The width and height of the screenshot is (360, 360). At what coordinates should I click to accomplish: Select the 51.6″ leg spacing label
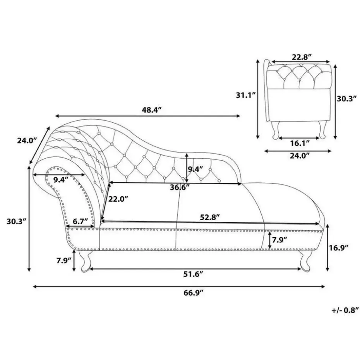coord(193,274)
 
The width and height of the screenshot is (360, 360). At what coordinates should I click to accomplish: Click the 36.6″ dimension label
coord(180,187)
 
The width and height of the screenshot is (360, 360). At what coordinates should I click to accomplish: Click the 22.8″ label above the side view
coord(302,57)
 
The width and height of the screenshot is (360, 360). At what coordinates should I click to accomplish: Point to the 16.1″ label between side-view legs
coord(300,143)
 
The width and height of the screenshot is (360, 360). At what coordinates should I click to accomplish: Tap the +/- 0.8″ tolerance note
coord(343,310)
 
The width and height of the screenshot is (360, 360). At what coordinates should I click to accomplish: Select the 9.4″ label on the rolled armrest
coord(61,179)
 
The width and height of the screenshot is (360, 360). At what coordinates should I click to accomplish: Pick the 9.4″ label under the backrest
coord(195,169)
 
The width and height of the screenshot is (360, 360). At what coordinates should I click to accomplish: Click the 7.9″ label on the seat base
coord(279,240)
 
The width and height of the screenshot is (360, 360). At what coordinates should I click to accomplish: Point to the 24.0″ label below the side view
coord(300,156)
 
